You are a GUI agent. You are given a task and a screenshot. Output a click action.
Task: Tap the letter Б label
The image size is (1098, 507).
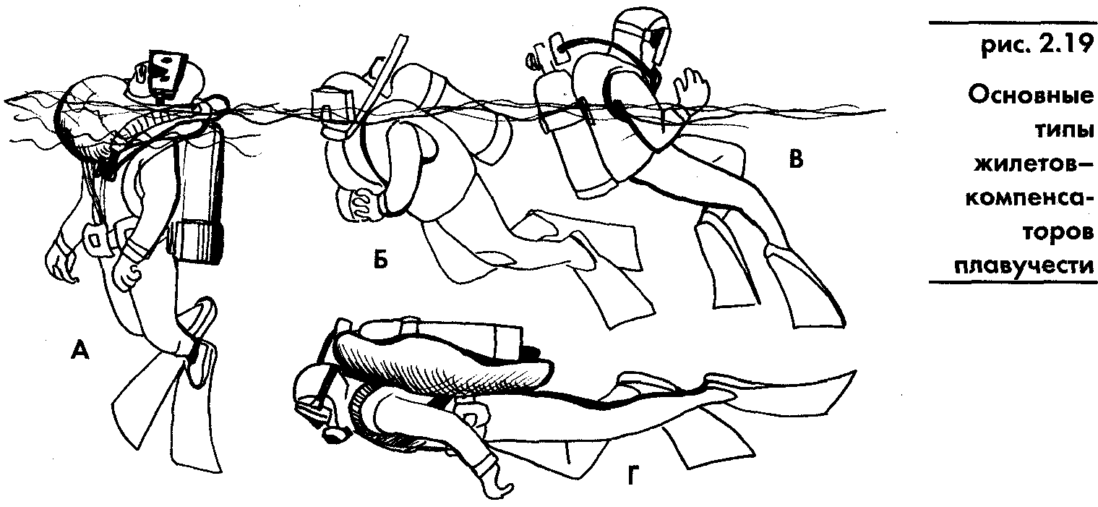pos(381,260)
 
